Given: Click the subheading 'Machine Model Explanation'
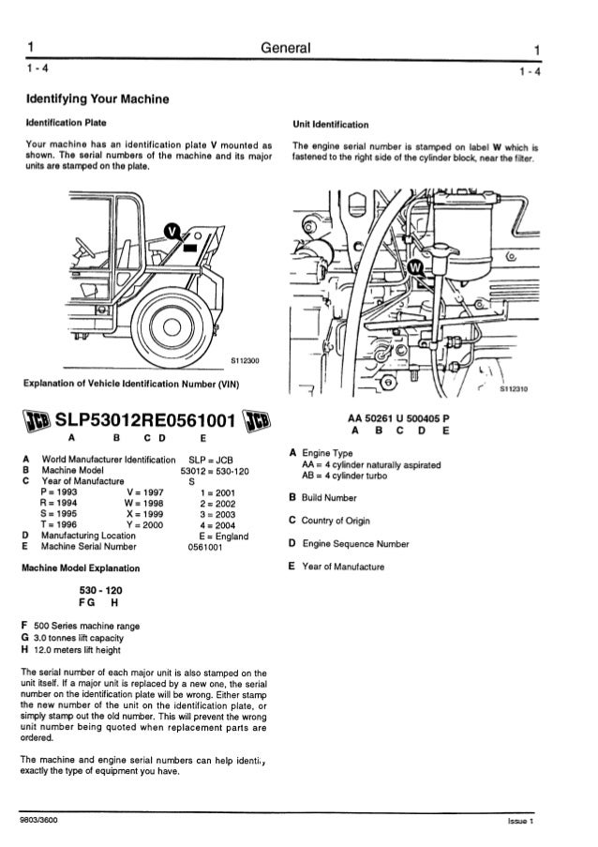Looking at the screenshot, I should (81, 568).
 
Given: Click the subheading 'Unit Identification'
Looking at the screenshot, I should (330, 123).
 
